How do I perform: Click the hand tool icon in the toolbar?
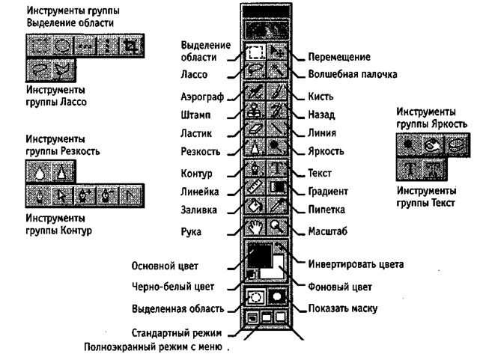point(255,227)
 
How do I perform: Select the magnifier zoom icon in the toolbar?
point(277,227)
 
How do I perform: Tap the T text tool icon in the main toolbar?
point(277,168)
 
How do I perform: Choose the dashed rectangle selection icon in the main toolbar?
point(255,52)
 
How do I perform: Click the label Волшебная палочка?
point(353,74)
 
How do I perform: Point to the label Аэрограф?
point(202,97)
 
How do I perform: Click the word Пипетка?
point(326,210)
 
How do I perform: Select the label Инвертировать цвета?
point(356,264)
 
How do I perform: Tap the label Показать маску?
point(343,308)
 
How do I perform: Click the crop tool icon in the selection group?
point(132,46)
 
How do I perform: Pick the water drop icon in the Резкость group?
point(39,172)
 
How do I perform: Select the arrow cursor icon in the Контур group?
point(61,196)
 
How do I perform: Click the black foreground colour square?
point(260,254)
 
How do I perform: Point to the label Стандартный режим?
point(177,333)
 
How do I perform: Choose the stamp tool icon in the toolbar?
point(255,110)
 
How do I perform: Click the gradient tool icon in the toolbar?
point(277,186)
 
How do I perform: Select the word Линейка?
point(199,192)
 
